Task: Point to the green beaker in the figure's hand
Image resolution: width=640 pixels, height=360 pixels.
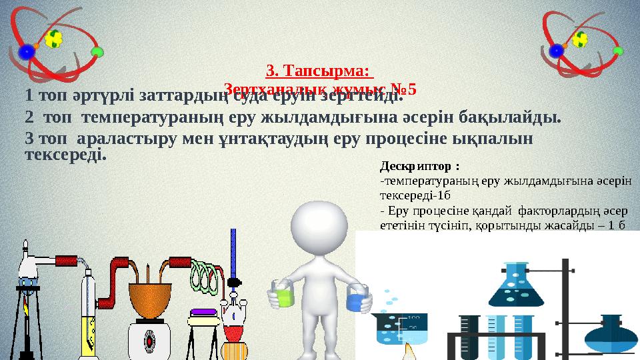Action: [x=281, y=296]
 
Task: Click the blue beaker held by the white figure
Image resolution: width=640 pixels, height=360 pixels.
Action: [x=357, y=299]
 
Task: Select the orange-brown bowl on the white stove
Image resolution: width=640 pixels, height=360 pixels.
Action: [x=149, y=301]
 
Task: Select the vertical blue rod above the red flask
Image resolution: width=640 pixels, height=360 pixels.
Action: [x=233, y=253]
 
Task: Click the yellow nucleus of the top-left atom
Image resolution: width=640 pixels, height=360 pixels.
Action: [x=52, y=40]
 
